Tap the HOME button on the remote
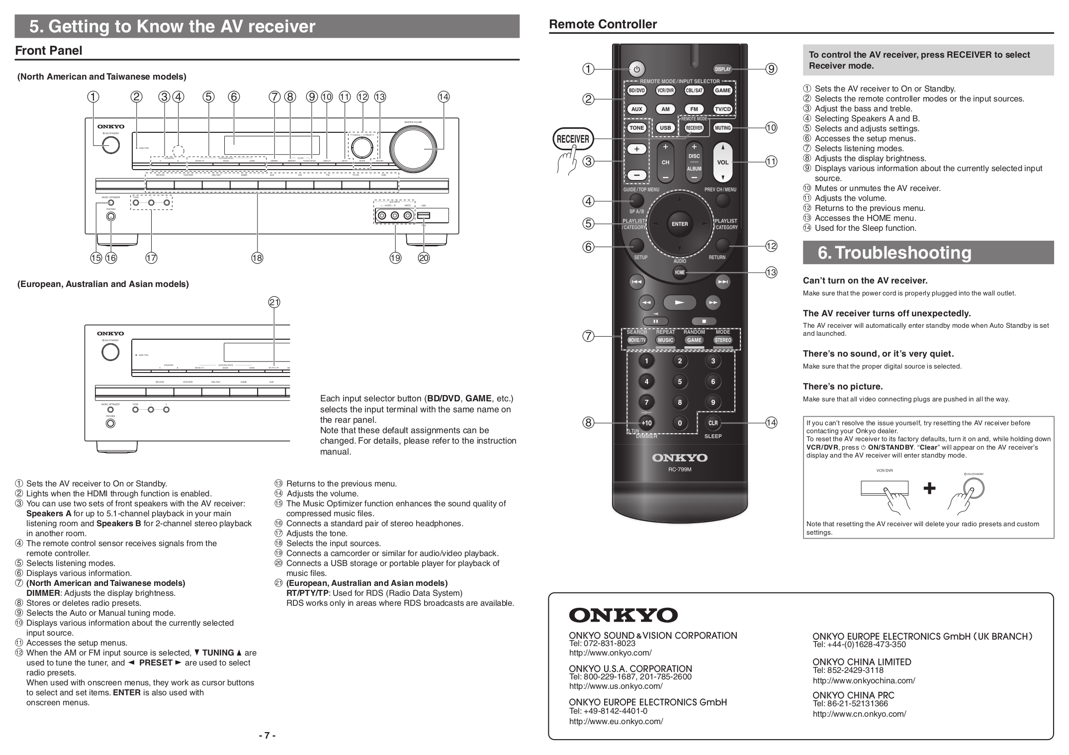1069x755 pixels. pos(679,272)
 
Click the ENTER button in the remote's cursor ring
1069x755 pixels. pos(679,224)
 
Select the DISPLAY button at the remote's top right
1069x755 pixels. pos(722,69)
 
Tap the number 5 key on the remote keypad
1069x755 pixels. pos(679,381)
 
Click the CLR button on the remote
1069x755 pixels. pos(713,423)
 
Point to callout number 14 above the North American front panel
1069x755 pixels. pos(443,97)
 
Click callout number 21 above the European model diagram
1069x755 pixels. pos(274,302)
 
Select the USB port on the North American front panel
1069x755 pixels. pos(423,215)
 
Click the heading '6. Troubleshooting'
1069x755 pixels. pos(894,253)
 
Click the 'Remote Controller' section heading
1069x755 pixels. pos(603,24)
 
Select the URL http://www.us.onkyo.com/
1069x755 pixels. pos(616,686)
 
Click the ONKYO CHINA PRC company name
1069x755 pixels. pos(853,695)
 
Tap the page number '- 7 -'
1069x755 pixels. pos(267,735)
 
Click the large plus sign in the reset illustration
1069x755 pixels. pos(929,488)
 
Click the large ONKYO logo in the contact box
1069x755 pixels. pos(623,615)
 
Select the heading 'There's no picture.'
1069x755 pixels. pos(843,386)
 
